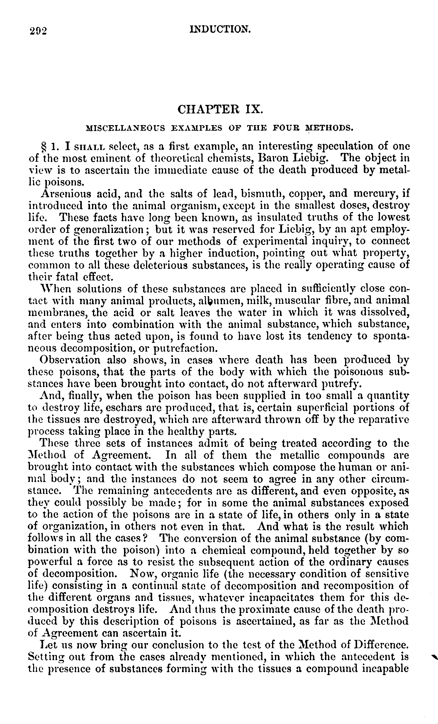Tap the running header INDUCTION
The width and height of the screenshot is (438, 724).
tap(220, 29)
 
